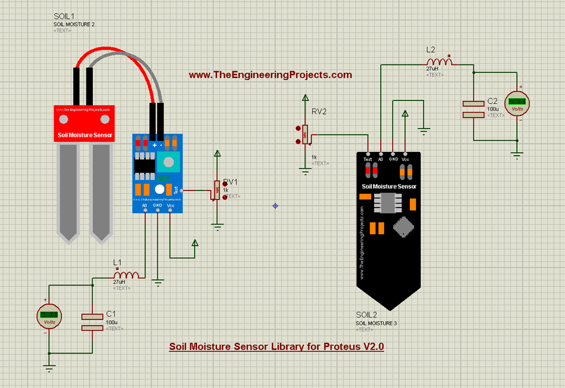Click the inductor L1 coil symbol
(x=126, y=275)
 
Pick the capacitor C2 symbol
(x=473, y=109)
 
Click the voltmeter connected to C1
(x=49, y=317)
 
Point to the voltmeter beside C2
(x=517, y=102)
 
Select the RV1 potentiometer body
(x=214, y=190)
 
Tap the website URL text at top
(x=270, y=75)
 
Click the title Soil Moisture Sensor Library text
(x=276, y=347)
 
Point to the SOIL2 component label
(x=367, y=315)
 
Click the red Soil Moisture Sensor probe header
(x=83, y=123)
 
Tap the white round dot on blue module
(x=159, y=189)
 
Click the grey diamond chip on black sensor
(x=404, y=226)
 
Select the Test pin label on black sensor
(x=367, y=159)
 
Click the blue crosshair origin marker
(x=275, y=206)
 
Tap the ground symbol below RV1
(x=218, y=225)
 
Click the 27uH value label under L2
(x=432, y=69)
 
